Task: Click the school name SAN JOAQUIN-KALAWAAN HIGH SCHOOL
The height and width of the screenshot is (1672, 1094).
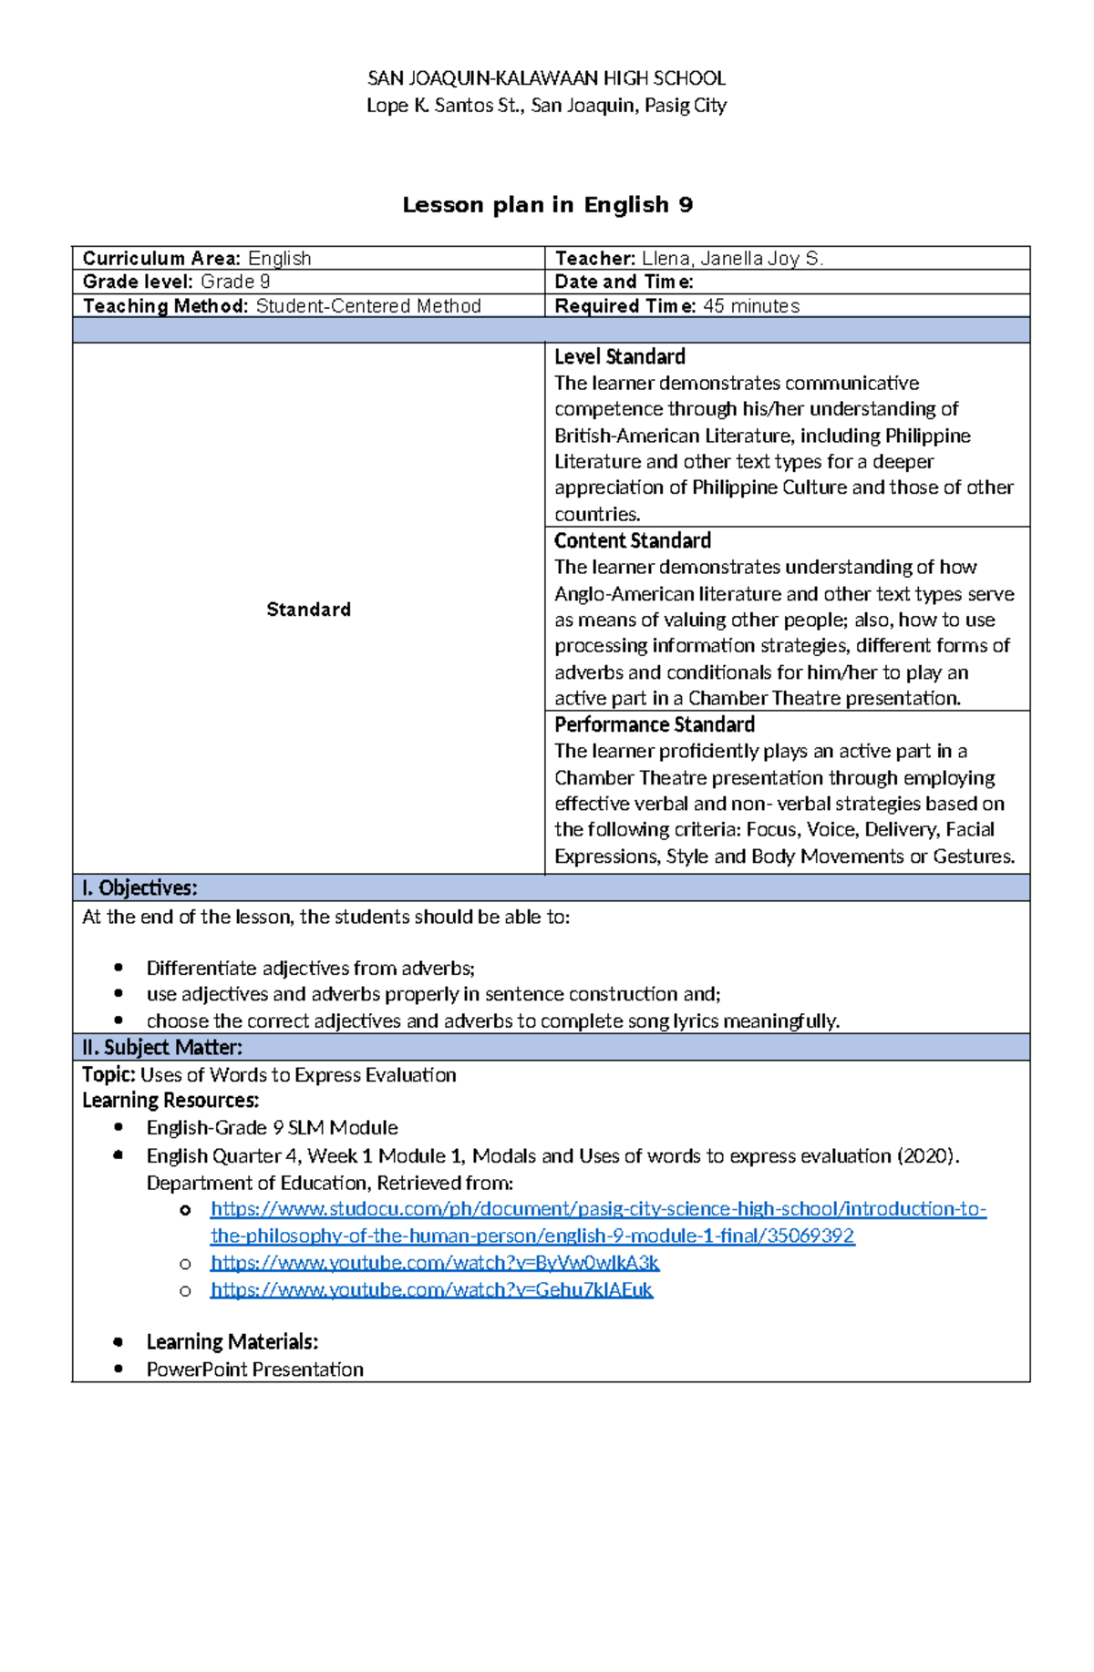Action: [546, 78]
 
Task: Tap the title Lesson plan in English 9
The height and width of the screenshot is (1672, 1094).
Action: [547, 205]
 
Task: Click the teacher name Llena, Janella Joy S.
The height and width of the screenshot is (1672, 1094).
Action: [732, 259]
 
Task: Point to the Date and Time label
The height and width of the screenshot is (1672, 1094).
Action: [624, 282]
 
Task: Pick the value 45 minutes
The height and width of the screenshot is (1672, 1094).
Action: [751, 306]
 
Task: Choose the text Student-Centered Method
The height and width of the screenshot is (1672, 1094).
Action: [368, 306]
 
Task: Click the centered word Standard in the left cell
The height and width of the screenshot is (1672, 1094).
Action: [308, 610]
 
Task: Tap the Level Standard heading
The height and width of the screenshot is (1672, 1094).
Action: [620, 357]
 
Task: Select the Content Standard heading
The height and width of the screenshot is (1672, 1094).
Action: [633, 541]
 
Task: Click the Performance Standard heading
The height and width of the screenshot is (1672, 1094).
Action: [655, 725]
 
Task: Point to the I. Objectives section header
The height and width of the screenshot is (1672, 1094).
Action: [139, 888]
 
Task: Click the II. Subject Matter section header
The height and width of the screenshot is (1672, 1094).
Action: [162, 1048]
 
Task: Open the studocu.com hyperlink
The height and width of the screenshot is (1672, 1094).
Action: [598, 1210]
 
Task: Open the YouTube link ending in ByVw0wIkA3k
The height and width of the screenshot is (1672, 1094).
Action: [435, 1263]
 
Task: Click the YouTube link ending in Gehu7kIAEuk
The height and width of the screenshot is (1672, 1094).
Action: [431, 1290]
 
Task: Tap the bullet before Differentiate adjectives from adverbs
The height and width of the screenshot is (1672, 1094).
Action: [119, 968]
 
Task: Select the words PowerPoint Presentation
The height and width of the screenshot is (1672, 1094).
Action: [255, 1369]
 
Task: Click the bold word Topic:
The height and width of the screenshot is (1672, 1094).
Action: [108, 1075]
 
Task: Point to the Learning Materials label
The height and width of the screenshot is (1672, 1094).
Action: [232, 1342]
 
